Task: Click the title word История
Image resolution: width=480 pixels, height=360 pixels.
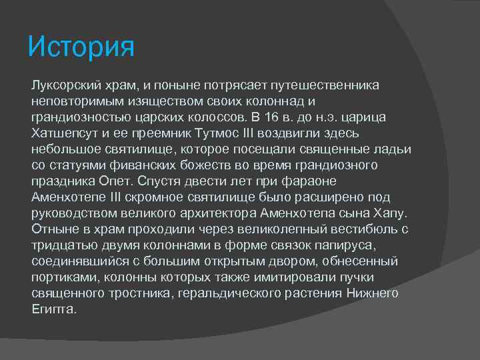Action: (81, 47)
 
